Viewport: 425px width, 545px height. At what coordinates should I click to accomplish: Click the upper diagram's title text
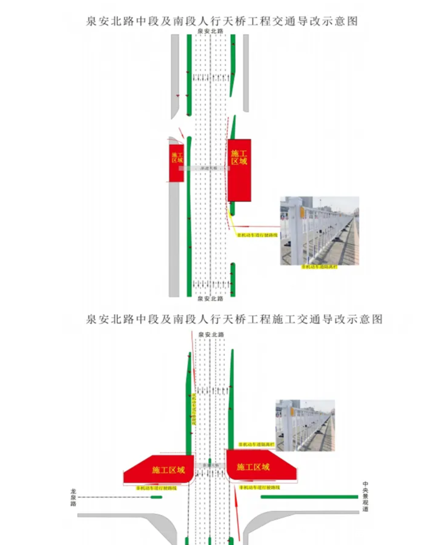click(x=222, y=21)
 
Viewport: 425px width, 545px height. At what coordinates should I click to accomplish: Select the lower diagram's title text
click(x=234, y=319)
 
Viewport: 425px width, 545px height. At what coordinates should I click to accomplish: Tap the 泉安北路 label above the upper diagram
click(x=211, y=31)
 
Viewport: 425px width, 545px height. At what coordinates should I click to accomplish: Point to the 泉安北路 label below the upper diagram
click(x=211, y=299)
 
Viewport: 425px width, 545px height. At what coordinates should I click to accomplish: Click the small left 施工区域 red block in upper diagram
click(x=177, y=163)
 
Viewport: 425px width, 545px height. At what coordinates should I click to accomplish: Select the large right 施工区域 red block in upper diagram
click(x=239, y=170)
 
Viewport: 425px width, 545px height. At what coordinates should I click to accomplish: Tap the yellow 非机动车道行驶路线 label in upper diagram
click(x=257, y=235)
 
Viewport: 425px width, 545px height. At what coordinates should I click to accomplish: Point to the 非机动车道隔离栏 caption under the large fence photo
click(x=319, y=267)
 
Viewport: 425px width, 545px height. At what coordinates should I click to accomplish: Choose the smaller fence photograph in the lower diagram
click(x=305, y=425)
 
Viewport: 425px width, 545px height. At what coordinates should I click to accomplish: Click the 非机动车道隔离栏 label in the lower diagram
click(x=256, y=444)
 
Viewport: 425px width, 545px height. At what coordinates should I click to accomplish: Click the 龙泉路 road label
click(x=73, y=497)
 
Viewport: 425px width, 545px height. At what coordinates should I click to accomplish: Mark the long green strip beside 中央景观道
click(x=309, y=497)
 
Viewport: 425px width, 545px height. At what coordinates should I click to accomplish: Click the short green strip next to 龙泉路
click(x=156, y=497)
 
